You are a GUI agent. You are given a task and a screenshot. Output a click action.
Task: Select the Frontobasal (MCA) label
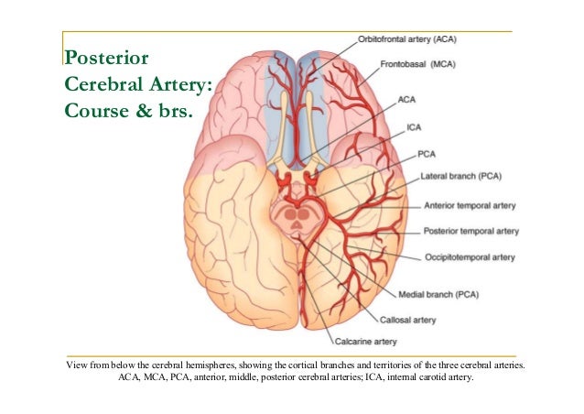(418, 64)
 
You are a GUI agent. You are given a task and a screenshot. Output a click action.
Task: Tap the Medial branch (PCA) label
(439, 295)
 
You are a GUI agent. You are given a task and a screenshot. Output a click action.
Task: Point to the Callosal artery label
(407, 320)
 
